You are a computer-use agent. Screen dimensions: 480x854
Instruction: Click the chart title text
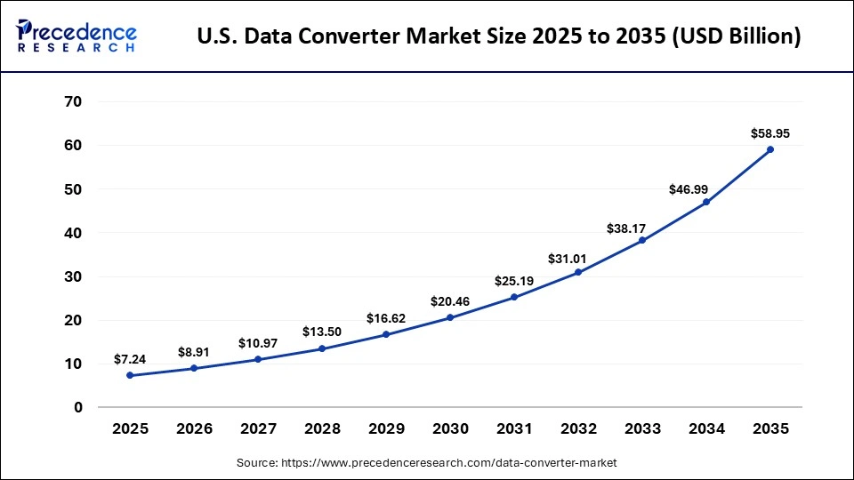[x=498, y=36]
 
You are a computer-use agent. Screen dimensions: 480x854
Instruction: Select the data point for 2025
[x=130, y=375]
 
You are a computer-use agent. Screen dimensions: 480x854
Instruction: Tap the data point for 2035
[x=770, y=149]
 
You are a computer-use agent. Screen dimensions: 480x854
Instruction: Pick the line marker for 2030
[x=450, y=317]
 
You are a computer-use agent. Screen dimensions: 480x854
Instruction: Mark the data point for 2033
[x=642, y=240]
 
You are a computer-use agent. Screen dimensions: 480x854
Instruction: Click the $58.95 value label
[x=770, y=134]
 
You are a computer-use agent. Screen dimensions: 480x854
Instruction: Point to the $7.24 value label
[x=130, y=359]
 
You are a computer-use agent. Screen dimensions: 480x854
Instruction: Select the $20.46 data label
[x=450, y=301]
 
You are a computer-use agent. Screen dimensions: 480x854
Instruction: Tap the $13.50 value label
[x=322, y=332]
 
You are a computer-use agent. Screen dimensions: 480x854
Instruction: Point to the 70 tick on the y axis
[x=73, y=101]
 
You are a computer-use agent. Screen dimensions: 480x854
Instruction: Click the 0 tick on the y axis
[x=77, y=407]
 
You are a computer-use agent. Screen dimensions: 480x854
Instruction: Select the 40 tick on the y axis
[x=73, y=233]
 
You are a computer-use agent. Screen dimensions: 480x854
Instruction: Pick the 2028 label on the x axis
[x=322, y=428]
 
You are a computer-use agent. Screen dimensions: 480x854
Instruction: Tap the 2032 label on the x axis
[x=578, y=428]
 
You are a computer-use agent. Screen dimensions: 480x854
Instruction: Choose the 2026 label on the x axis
[x=194, y=428]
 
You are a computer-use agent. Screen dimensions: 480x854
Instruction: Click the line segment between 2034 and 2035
[x=738, y=176]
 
